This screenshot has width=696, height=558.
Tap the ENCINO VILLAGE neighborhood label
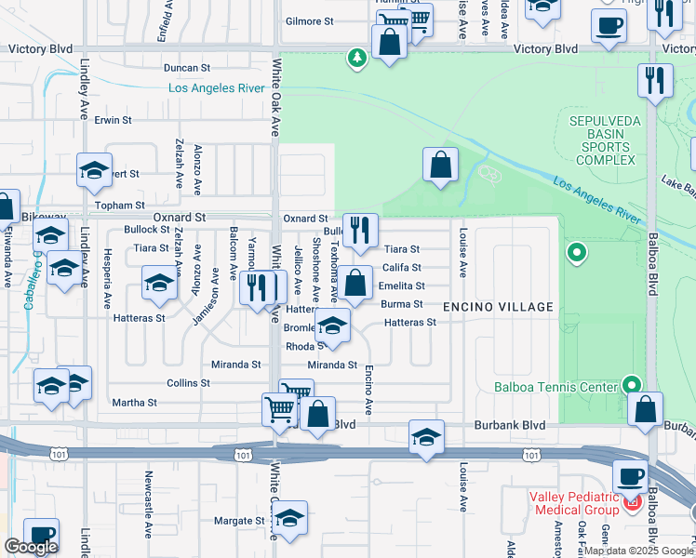point(498,307)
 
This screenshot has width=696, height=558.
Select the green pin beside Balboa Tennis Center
point(633,384)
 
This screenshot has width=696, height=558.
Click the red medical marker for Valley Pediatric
point(633,503)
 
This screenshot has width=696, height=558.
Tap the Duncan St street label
point(187,68)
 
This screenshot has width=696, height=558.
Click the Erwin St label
point(113,121)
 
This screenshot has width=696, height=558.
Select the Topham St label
point(121,206)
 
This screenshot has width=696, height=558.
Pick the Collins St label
point(188,383)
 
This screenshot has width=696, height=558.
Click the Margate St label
point(240,521)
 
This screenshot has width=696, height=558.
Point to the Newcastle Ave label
point(148,505)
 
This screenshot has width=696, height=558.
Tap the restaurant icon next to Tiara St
point(360,230)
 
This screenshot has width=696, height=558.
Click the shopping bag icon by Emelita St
point(354,282)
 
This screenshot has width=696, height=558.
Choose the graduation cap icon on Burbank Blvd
point(426,436)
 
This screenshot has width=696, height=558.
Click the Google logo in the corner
point(31,547)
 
